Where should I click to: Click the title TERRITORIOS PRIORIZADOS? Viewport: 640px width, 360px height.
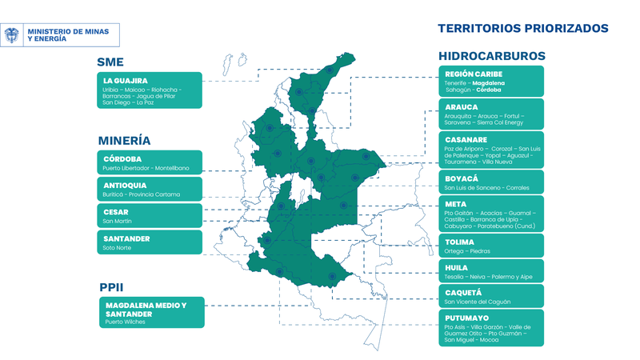pos(523,28)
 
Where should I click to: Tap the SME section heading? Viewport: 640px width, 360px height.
pos(110,62)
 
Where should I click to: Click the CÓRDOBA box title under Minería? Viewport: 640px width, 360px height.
pos(122,158)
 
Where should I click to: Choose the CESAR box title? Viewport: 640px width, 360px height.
pos(116,211)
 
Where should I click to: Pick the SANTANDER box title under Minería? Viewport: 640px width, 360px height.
pos(126,238)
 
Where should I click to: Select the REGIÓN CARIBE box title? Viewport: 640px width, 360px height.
pos(473,74)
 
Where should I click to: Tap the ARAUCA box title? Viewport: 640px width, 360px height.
pos(462,106)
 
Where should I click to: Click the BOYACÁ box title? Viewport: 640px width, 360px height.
pos(461,178)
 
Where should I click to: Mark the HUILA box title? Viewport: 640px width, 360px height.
pos(457,268)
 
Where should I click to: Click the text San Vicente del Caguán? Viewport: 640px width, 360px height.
pos(477,302)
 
